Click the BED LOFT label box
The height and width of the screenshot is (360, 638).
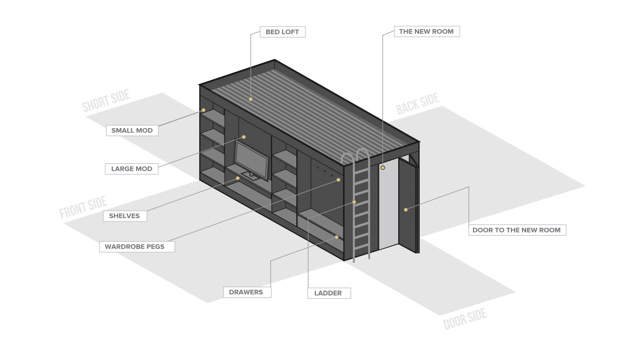283,32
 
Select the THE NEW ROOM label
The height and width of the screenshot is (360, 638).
427,31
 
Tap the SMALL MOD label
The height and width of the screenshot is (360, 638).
132,130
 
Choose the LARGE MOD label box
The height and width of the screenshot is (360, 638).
132,169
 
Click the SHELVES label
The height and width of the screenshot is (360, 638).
125,216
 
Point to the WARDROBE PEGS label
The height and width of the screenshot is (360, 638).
137,247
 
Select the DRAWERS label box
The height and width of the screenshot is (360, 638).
247,292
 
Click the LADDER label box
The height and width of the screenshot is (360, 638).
329,293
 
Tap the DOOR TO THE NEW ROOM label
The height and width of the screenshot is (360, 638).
517,230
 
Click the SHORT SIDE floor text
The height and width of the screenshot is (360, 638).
106,101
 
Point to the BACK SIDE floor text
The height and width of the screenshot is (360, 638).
418,104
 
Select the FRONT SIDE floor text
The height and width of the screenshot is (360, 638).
83,207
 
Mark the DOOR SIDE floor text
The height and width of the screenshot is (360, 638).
465,319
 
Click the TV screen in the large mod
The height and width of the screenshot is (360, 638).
251,160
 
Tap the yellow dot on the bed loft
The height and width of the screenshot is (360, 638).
250,100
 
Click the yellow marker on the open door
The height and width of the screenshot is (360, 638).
405,210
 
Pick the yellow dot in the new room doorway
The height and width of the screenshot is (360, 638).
383,168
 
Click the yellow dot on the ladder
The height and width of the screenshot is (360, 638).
354,202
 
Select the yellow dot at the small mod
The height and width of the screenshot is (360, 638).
204,110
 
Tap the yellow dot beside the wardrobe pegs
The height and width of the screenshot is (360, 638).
339,180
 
